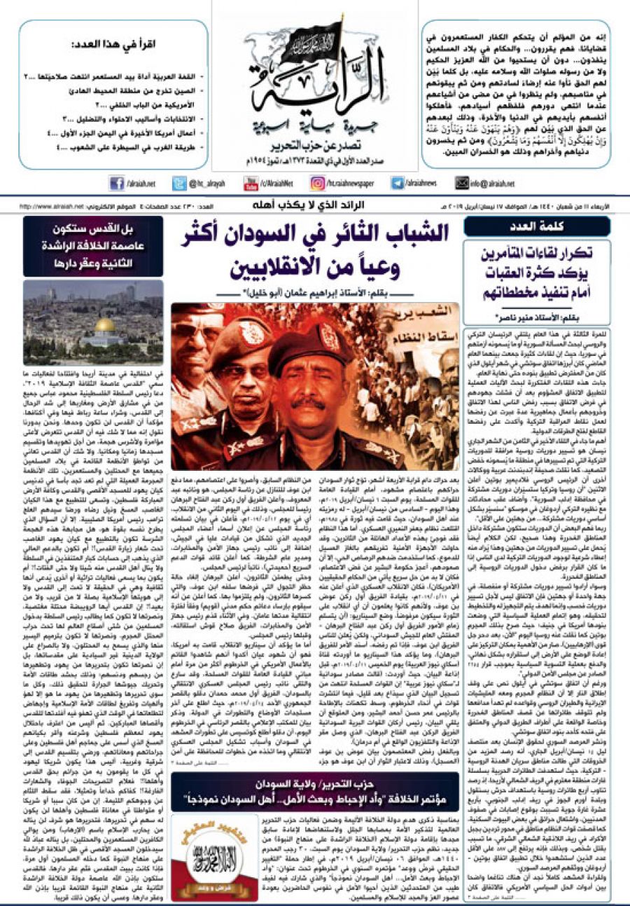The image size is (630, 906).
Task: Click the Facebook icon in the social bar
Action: (x=116, y=183)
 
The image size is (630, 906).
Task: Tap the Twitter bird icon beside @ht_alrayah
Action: (x=178, y=183)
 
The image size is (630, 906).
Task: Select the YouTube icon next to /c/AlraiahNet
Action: (x=251, y=183)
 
